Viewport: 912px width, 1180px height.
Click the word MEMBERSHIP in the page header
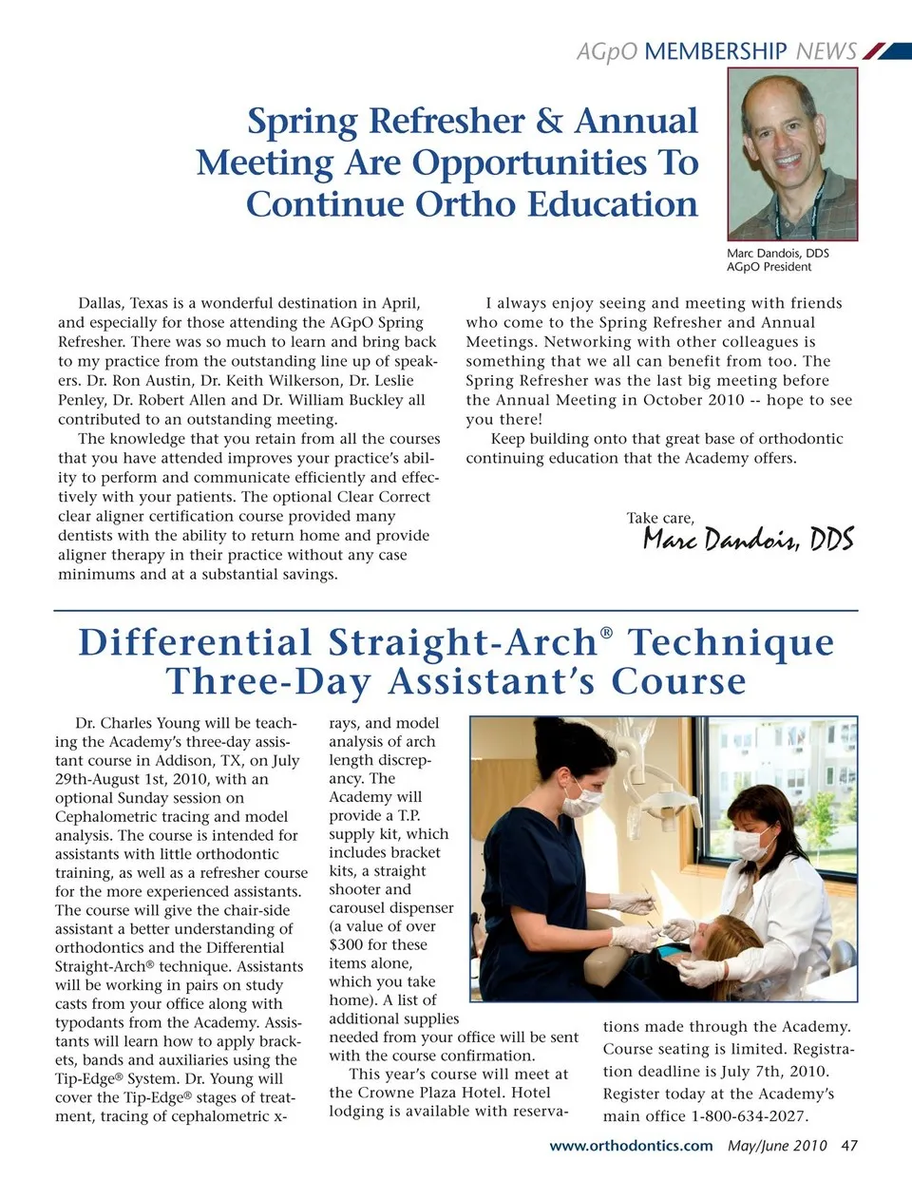click(715, 51)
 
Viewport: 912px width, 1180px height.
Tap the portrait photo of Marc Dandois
click(792, 154)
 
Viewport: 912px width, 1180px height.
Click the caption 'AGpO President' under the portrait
click(769, 267)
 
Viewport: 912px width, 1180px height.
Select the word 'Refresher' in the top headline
click(446, 122)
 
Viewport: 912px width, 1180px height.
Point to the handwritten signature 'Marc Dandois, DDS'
click(748, 539)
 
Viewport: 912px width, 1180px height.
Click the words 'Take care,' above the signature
click(660, 518)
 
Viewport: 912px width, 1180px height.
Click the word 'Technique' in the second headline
click(731, 643)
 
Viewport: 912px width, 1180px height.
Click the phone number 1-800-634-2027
click(750, 1116)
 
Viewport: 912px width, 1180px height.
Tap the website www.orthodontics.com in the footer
click(631, 1146)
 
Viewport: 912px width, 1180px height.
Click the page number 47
click(848, 1146)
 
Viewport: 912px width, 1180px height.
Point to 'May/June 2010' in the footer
click(777, 1146)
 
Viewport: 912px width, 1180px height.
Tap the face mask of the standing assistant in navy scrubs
click(582, 800)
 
